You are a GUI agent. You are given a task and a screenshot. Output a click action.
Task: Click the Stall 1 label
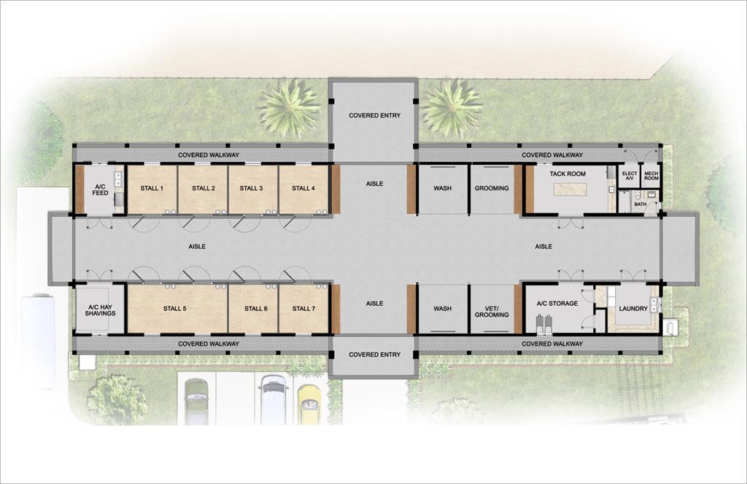(x=152, y=188)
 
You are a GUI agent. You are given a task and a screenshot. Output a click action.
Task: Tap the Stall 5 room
(x=175, y=309)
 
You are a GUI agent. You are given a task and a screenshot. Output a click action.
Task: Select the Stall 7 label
(x=303, y=309)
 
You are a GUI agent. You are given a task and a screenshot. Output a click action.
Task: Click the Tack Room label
(x=568, y=174)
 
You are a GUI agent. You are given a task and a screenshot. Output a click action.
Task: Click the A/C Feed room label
(x=100, y=189)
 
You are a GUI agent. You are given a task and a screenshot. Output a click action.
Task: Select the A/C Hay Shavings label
(x=101, y=310)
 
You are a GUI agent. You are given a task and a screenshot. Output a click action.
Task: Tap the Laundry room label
(x=633, y=309)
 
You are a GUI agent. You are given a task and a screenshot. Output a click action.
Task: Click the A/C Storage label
(x=557, y=304)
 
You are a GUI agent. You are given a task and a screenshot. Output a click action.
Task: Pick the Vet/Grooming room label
(x=491, y=309)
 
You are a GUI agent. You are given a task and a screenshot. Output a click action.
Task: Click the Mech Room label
(x=651, y=176)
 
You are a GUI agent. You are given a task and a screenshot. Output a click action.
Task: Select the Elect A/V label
(x=629, y=176)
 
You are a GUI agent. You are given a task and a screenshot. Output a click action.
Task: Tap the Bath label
(x=640, y=204)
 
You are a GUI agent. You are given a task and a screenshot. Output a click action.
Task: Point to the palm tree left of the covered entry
(x=290, y=108)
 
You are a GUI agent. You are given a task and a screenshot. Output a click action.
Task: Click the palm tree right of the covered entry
(x=452, y=107)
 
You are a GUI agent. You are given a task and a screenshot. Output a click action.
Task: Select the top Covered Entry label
(x=374, y=115)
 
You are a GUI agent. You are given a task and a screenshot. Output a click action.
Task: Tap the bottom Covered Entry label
(x=374, y=355)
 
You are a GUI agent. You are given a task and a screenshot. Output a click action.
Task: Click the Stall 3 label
(x=250, y=188)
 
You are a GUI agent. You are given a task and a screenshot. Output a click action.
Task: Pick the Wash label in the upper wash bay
(x=442, y=188)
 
